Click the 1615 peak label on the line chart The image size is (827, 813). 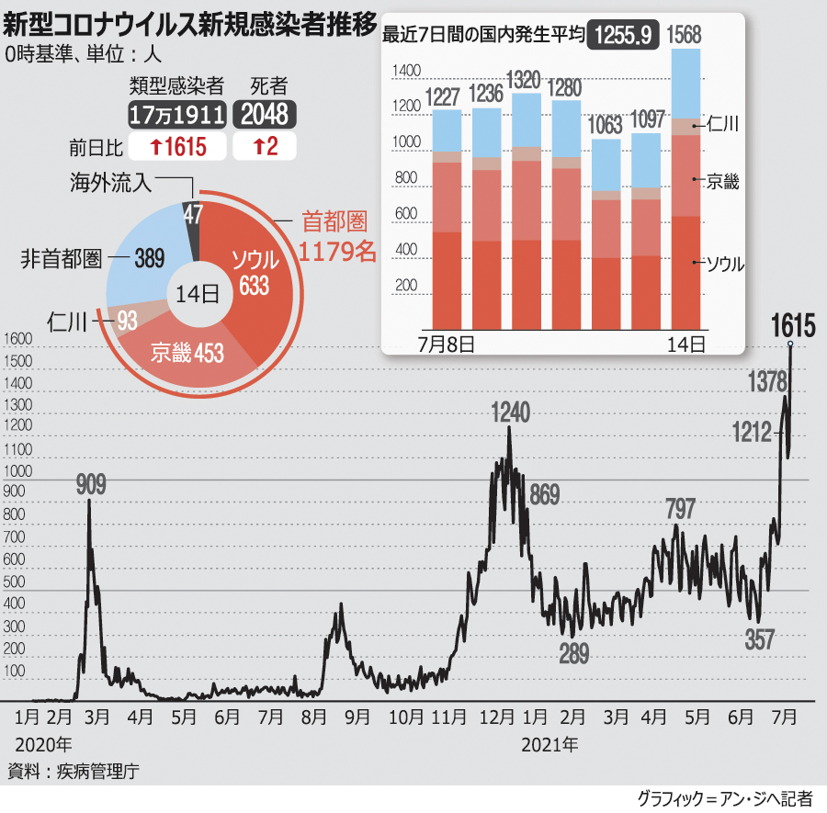pos(793,326)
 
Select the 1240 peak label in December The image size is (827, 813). pos(510,412)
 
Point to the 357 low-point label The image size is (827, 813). pos(760,639)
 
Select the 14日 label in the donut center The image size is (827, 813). pos(198,294)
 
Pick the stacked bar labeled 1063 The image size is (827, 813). pos(606,234)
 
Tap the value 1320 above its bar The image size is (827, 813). pos(525,80)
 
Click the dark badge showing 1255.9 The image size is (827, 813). pos(623,35)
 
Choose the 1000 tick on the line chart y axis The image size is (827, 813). pos(17,471)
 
